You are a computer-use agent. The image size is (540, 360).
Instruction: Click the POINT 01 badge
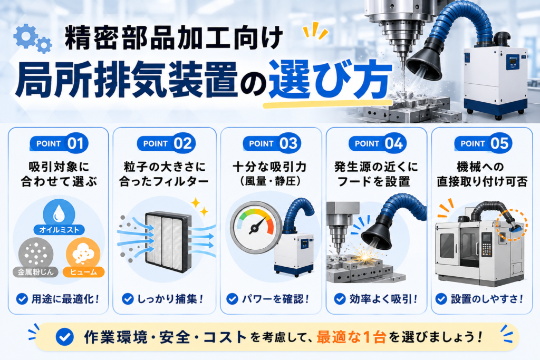[59, 143]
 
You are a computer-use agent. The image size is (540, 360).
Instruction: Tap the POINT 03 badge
[272, 143]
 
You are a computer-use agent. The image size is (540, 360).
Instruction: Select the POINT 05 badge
[483, 143]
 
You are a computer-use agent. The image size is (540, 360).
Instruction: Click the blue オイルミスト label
[59, 230]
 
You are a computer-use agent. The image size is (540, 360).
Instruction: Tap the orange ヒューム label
[84, 272]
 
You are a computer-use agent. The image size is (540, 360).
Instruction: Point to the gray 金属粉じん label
[35, 272]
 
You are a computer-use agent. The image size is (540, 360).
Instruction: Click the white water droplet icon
[59, 213]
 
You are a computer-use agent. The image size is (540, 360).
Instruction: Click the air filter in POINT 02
[168, 240]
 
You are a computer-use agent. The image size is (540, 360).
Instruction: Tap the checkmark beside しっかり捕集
[128, 299]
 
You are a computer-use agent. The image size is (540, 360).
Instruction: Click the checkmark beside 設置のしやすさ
[441, 299]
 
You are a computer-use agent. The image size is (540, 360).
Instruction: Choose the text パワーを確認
[275, 299]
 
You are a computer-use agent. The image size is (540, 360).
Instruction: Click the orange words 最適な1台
[351, 337]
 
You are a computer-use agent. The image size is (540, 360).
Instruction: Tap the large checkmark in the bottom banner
[64, 337]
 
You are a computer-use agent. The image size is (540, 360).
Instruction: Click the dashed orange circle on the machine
[512, 225]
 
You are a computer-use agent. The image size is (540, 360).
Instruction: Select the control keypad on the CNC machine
[486, 244]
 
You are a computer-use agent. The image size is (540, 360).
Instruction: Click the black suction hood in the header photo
[423, 59]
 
